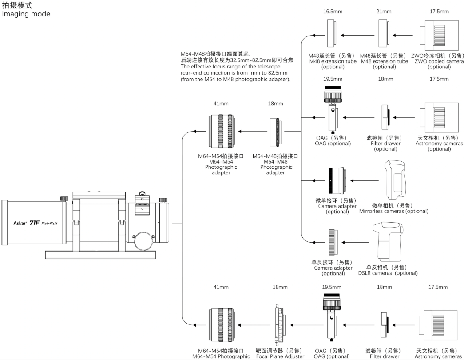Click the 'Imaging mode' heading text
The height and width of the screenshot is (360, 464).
point(26,14)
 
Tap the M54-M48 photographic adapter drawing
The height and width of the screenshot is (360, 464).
point(277,131)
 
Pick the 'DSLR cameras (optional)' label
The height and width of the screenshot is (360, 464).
point(388,273)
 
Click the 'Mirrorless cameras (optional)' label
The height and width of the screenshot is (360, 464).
point(393,212)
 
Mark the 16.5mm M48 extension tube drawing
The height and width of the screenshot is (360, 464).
point(333,35)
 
